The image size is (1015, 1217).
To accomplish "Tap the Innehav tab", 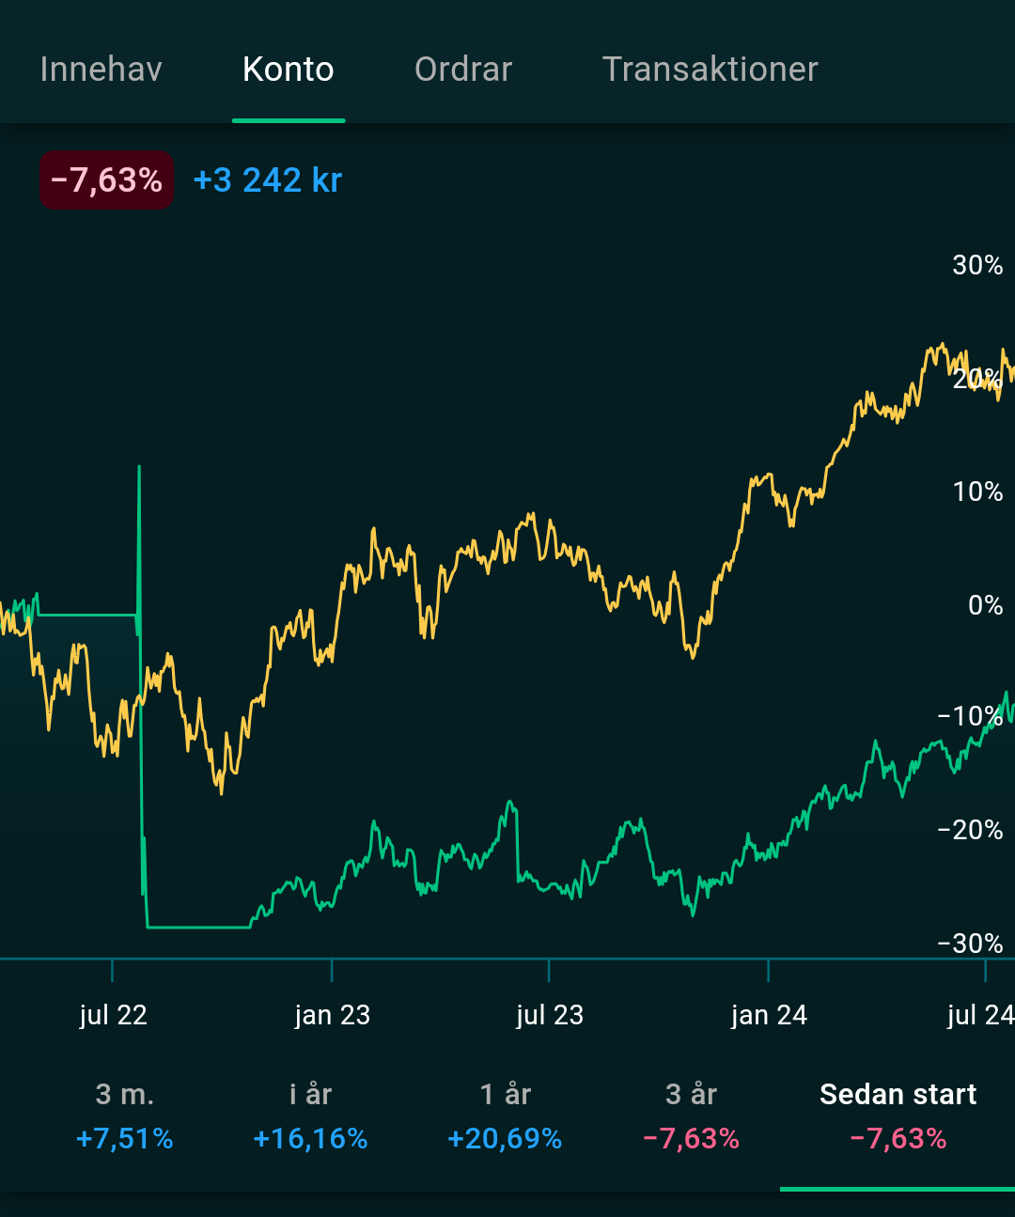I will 101,70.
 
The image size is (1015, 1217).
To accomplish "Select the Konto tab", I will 289,70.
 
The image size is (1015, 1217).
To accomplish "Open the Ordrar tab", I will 463,70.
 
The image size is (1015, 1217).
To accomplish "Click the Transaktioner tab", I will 710,70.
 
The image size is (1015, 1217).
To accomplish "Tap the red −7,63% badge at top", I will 106,179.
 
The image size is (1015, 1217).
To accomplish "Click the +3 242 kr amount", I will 268,179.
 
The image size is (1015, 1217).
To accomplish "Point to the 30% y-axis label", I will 977,265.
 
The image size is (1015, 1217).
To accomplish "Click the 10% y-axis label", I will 977,491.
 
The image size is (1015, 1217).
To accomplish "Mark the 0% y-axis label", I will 985,604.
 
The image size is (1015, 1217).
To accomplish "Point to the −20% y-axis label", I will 970,830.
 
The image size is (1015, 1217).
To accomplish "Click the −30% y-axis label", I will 970,943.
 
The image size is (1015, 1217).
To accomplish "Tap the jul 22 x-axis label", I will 114,1015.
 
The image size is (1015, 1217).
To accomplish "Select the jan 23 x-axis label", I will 333,1015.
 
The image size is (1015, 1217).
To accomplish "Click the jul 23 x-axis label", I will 550,1015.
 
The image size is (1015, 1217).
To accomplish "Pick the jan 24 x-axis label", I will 769,1015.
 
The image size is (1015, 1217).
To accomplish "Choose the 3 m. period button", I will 125,1095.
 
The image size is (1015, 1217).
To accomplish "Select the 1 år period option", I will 505,1095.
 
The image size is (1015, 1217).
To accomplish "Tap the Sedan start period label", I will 898,1095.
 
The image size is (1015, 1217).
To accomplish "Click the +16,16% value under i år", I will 310,1139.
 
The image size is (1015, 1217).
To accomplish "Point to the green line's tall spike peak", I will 139,467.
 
